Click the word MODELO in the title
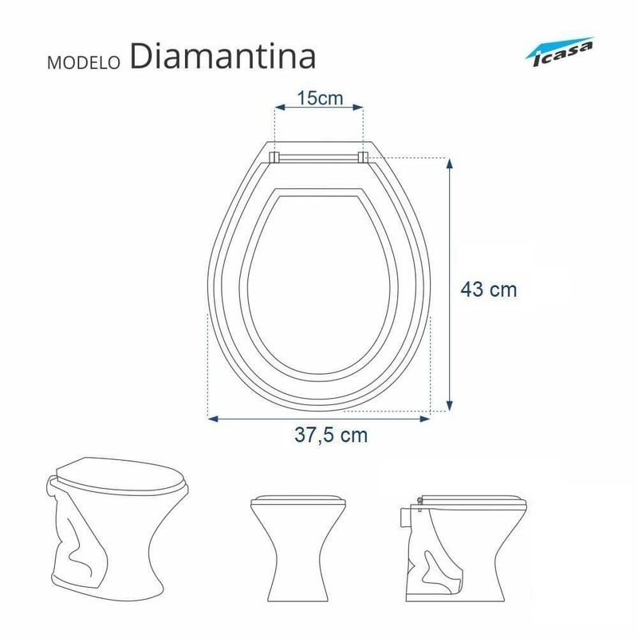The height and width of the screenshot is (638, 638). pyautogui.click(x=85, y=63)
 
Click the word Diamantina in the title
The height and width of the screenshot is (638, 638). pyautogui.click(x=223, y=56)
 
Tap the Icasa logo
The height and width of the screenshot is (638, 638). pyautogui.click(x=560, y=52)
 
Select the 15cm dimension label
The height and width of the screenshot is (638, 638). pyautogui.click(x=320, y=98)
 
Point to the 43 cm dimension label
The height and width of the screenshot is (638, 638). pyautogui.click(x=489, y=289)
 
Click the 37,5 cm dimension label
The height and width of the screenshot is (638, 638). pyautogui.click(x=331, y=435)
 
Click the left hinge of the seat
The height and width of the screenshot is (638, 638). pyautogui.click(x=274, y=157)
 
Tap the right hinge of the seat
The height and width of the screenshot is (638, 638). pyautogui.click(x=363, y=157)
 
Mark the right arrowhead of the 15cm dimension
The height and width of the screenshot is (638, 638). pyautogui.click(x=358, y=108)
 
